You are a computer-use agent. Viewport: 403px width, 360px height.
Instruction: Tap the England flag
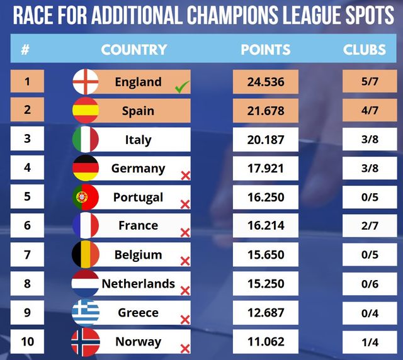click(86, 82)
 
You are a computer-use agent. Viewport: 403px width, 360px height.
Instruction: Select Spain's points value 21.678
click(265, 111)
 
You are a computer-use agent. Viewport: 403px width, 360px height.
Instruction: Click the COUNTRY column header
click(134, 49)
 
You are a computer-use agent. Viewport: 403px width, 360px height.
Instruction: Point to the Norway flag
click(86, 342)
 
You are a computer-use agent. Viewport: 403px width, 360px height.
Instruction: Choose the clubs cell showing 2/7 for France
click(364, 226)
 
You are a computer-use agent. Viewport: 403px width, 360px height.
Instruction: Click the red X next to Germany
click(185, 175)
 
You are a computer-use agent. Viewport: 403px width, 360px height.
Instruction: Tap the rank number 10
click(27, 342)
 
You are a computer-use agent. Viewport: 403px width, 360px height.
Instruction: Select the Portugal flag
click(86, 197)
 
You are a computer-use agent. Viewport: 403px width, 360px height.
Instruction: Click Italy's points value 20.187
click(265, 140)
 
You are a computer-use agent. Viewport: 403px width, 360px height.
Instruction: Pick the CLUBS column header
click(364, 49)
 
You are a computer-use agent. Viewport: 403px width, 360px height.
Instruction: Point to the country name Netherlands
click(139, 284)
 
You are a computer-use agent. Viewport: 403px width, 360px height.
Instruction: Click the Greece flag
click(86, 313)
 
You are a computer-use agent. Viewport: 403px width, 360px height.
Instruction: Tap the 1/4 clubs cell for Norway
click(364, 342)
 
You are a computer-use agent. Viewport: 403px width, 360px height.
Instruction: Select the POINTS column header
click(265, 49)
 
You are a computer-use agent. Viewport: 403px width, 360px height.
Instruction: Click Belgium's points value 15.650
click(265, 255)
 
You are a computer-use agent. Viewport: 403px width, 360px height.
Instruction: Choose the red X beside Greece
click(185, 320)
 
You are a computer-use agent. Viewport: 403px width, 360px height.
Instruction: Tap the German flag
click(86, 168)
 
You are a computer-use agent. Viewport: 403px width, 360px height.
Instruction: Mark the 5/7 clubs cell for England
click(364, 82)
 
